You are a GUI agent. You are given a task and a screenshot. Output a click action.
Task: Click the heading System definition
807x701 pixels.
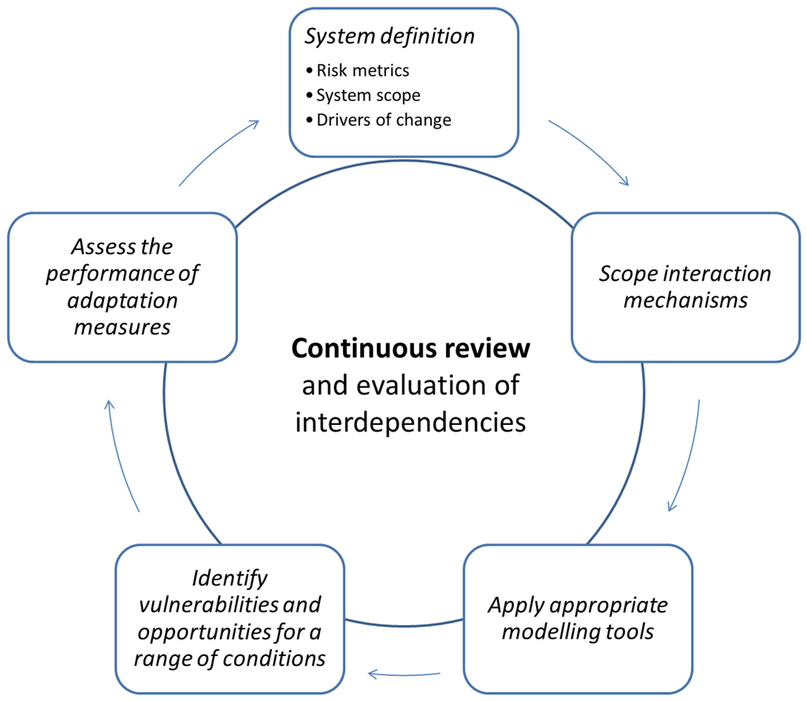(x=389, y=36)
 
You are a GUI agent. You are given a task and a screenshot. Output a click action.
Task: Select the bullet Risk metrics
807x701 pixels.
(x=363, y=70)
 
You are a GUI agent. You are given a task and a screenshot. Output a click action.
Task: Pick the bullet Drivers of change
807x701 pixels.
(x=384, y=121)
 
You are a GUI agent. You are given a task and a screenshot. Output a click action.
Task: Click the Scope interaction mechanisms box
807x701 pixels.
(x=685, y=287)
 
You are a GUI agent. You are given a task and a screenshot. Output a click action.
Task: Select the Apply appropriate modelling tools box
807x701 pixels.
(x=578, y=618)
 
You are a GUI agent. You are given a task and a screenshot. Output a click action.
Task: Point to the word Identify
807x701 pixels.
(x=230, y=578)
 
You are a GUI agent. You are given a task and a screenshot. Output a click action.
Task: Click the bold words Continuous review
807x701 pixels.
(x=411, y=348)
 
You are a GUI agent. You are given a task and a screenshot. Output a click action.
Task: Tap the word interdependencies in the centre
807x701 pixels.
(x=411, y=423)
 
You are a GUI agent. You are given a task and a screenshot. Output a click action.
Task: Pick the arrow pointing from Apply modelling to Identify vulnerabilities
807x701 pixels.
(x=404, y=673)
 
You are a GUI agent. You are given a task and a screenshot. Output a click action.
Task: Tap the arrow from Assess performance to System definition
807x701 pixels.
(x=219, y=151)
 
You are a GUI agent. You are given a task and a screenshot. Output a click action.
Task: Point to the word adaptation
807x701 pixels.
(x=121, y=300)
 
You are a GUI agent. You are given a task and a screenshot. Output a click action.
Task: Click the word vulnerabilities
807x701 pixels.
(x=229, y=605)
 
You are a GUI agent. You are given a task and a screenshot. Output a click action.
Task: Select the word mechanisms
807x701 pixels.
(x=685, y=300)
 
